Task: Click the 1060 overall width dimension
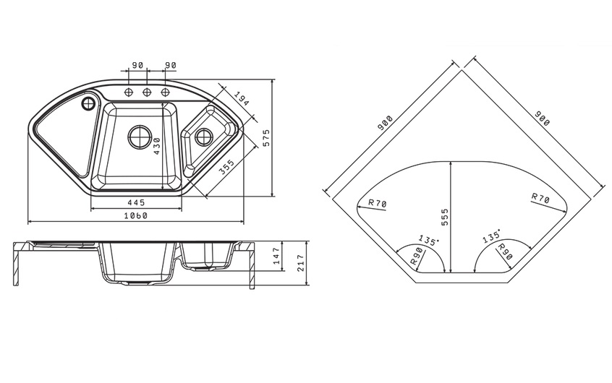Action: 136,215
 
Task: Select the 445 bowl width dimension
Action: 136,202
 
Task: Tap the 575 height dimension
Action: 266,138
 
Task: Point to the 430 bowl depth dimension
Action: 156,146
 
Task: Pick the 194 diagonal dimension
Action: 241,99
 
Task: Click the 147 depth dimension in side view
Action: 277,256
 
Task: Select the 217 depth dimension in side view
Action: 300,263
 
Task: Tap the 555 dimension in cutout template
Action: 445,218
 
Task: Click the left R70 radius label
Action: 377,203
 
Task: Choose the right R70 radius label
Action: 540,198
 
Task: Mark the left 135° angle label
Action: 428,240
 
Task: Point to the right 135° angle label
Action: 491,236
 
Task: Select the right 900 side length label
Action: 542,119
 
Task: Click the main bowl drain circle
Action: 140,137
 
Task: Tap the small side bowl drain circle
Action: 204,137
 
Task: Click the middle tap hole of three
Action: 147,92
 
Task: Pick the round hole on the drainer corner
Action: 88,103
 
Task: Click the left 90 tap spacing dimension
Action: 137,65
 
